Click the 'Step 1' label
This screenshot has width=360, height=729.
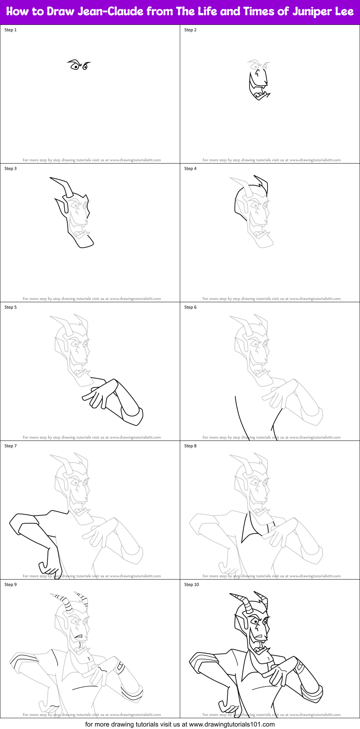point(10,30)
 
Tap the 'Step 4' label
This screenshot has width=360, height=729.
point(190,169)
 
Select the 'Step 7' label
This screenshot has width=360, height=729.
point(10,446)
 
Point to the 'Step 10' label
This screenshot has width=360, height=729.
point(191,585)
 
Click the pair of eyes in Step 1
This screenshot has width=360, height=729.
point(79,65)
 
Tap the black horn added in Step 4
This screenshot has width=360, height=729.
point(262,183)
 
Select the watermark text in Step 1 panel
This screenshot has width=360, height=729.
point(92,160)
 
